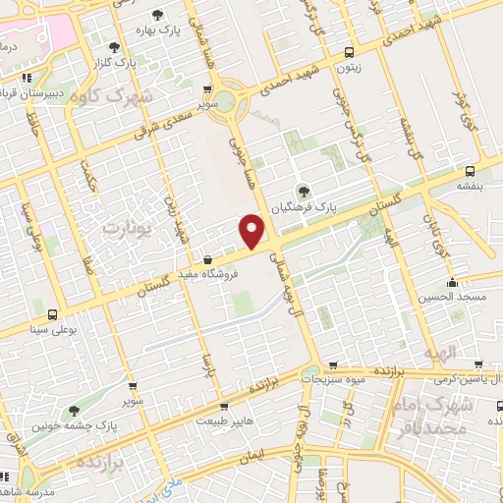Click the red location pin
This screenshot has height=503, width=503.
pyautogui.click(x=252, y=231)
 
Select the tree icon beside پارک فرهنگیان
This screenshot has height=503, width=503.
pyautogui.click(x=303, y=191)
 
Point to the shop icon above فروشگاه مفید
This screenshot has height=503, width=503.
pyautogui.click(x=206, y=259)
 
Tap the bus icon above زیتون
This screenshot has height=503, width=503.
pyautogui.click(x=350, y=54)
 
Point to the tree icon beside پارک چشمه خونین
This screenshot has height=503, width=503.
pyautogui.click(x=75, y=412)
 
